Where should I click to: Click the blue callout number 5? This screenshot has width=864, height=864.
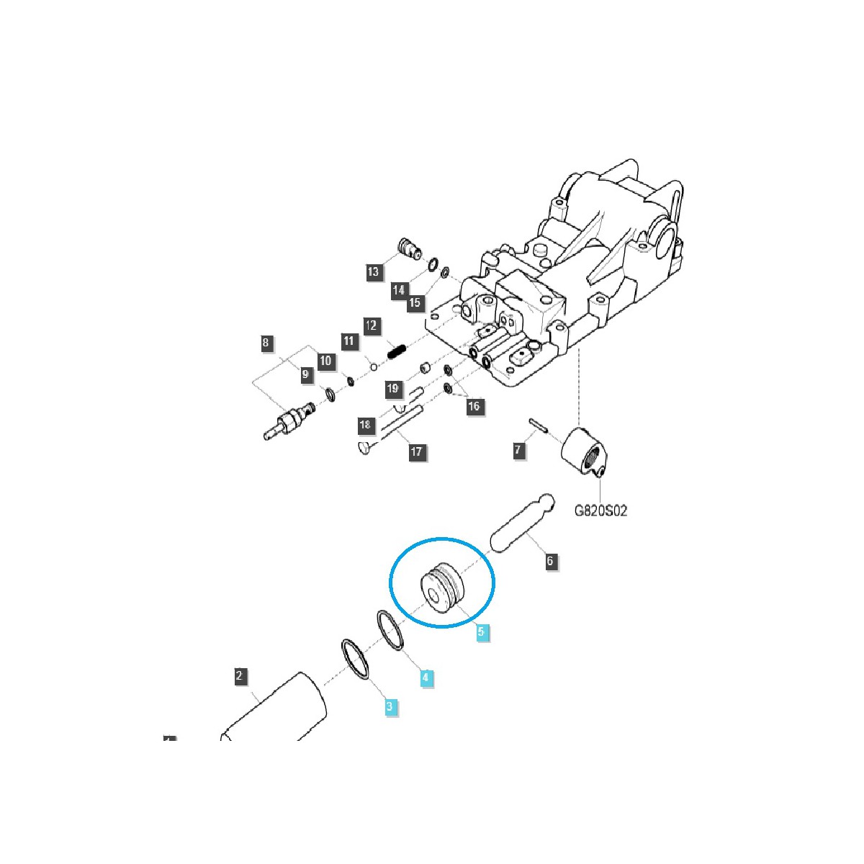482,632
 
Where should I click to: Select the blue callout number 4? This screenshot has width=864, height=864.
426,678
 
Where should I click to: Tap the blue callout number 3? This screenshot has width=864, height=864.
390,706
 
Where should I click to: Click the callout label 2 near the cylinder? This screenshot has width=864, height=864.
240,676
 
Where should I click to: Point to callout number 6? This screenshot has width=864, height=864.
551,561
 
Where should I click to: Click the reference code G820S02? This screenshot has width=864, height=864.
600,510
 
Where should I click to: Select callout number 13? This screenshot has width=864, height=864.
373,271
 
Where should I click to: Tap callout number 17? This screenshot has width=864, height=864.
417,452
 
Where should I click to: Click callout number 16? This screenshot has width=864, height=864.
474,406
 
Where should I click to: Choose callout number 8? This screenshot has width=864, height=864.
266,343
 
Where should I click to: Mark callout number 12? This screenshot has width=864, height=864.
371,326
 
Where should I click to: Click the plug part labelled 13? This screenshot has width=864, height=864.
409,248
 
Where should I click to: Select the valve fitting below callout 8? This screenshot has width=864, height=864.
292,421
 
